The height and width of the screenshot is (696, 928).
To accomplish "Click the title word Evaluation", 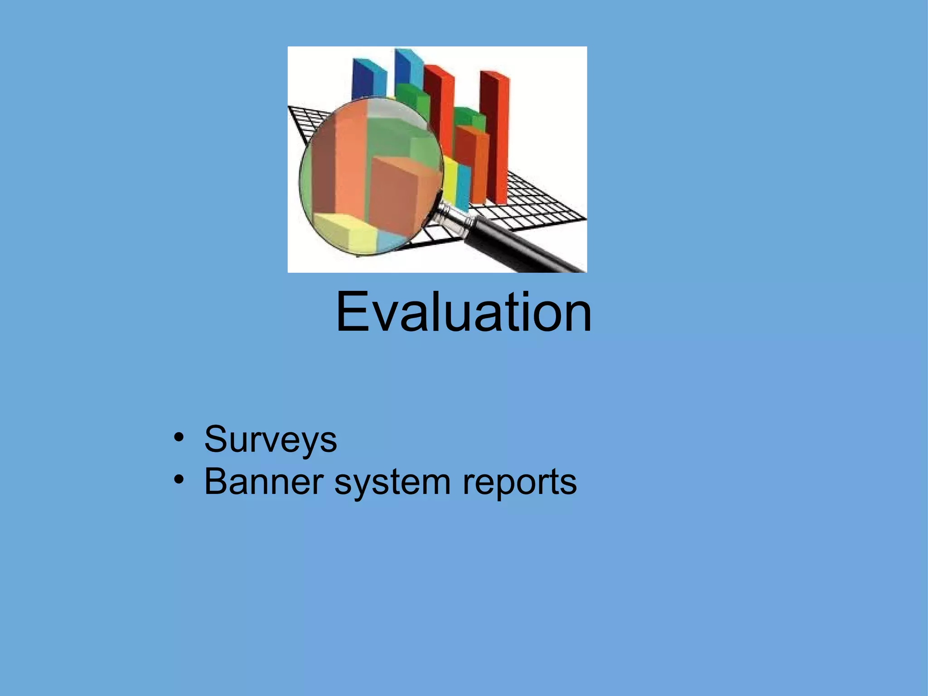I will (x=464, y=312).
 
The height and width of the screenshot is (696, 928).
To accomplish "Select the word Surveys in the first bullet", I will (x=271, y=439).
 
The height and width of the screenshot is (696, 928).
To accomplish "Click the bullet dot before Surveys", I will (x=179, y=438).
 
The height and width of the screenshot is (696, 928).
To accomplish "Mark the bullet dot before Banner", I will (x=179, y=479).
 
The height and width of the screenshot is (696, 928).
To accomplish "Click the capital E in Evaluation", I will (x=352, y=312).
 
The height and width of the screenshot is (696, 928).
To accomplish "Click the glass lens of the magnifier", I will (x=369, y=177).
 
